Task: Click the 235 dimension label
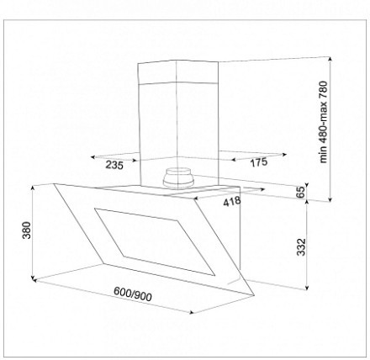point(114,165)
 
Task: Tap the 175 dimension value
point(258,162)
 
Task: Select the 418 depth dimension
point(232,201)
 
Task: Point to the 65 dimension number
point(300,192)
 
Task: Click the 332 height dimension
point(301,247)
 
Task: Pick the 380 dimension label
point(27,230)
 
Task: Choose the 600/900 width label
point(133,294)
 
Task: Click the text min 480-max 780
point(323,122)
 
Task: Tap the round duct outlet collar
point(179,177)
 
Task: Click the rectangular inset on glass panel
point(155,241)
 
